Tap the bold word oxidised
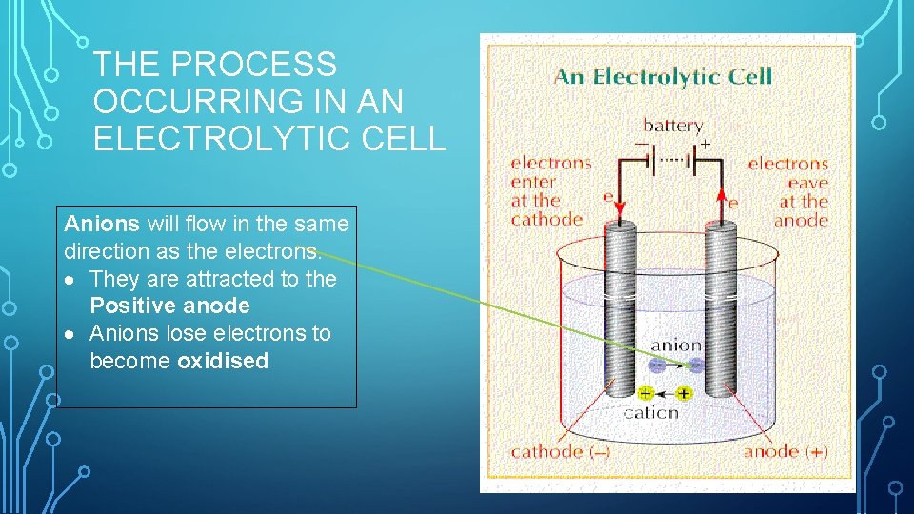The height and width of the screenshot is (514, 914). point(223,361)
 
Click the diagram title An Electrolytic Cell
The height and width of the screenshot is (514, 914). point(663,76)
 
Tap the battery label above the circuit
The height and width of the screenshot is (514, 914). point(672,126)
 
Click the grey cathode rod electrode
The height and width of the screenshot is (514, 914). point(624,305)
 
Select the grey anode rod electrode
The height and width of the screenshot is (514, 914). point(718,305)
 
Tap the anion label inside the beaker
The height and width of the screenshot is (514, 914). point(676,346)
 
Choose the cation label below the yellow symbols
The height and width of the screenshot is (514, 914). point(651,413)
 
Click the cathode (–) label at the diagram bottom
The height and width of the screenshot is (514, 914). point(561,451)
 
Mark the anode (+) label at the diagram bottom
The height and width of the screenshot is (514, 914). point(785,451)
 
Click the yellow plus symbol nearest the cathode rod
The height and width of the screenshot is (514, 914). point(646,392)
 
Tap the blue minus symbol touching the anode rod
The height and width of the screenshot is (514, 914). point(697,365)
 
